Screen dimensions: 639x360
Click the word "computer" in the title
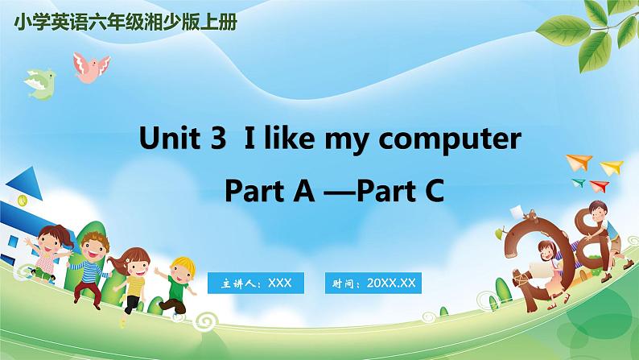[450, 139]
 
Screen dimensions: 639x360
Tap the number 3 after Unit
[218, 138]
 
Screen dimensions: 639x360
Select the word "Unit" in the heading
[170, 137]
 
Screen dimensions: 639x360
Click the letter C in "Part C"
[433, 191]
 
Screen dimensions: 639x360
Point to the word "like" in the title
[290, 137]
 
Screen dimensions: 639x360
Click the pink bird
[91, 68]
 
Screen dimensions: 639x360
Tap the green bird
[40, 85]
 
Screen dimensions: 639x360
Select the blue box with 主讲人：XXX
[256, 283]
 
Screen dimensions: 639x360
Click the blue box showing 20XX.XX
[373, 283]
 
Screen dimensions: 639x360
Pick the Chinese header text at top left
[126, 23]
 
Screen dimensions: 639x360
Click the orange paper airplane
[579, 162]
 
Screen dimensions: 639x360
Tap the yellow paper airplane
[612, 168]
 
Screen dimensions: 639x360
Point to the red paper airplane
[599, 186]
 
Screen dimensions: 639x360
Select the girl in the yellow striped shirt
[131, 280]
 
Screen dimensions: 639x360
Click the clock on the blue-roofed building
[23, 200]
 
